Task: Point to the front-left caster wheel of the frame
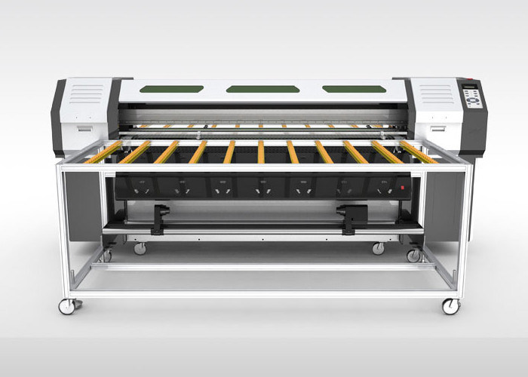pyautogui.click(x=68, y=305)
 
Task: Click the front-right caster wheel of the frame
pyautogui.click(x=450, y=306)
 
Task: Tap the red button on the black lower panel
pyautogui.click(x=402, y=186)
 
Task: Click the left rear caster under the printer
pyautogui.click(x=140, y=247)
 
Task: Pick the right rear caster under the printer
pyautogui.click(x=378, y=247)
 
